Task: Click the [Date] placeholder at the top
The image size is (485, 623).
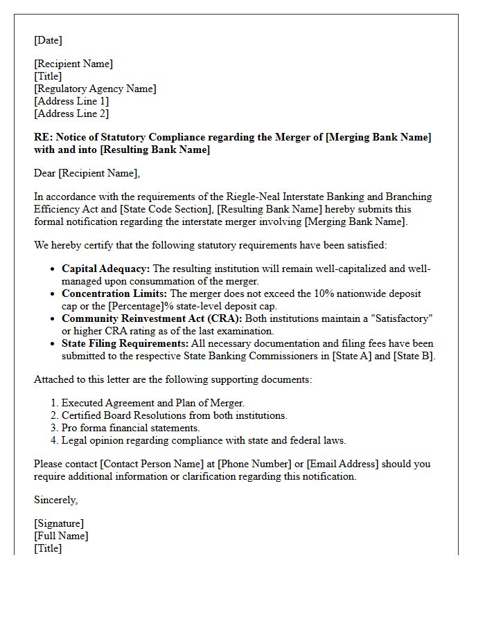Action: point(48,40)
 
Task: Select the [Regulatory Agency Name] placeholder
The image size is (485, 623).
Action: point(95,89)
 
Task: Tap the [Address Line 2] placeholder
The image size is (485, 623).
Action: point(71,114)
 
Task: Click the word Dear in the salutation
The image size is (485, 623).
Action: point(45,173)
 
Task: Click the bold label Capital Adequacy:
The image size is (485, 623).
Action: point(105,269)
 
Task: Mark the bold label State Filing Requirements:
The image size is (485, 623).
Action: point(125,343)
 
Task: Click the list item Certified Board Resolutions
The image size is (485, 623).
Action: point(174,415)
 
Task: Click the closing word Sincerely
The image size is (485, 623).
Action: point(55,500)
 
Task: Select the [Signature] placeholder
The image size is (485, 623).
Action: point(59,523)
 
